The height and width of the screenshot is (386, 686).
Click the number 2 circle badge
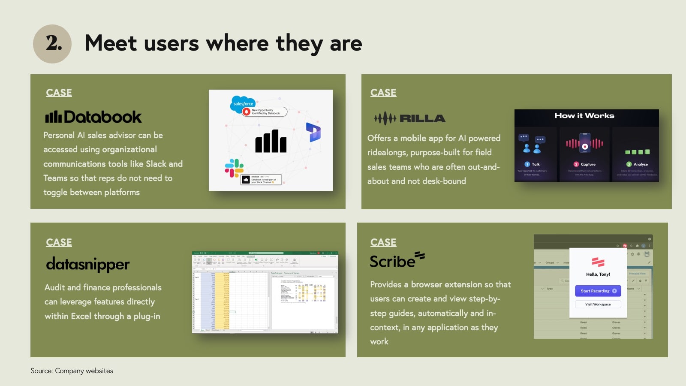(x=52, y=44)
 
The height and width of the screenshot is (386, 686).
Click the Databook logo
(x=93, y=117)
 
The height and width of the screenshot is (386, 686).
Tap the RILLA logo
(x=409, y=118)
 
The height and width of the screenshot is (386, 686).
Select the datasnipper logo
(x=88, y=265)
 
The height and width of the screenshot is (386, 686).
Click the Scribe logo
(x=397, y=260)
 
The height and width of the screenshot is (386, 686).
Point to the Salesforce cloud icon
(x=243, y=104)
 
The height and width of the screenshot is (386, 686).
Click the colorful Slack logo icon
(x=234, y=168)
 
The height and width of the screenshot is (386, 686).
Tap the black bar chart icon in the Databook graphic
(x=271, y=141)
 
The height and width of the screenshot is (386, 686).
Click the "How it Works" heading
(x=584, y=116)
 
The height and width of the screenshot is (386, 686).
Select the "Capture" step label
(x=588, y=164)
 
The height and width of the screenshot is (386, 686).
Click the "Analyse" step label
(x=640, y=164)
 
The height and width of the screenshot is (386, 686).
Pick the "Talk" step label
(x=536, y=164)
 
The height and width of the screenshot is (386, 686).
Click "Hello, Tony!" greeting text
(x=598, y=274)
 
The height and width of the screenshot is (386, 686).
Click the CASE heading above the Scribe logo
(x=383, y=242)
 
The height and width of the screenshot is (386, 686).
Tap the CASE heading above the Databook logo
(x=59, y=93)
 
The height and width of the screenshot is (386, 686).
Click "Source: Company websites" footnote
(x=72, y=371)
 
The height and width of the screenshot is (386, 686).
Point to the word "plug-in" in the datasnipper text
(x=147, y=317)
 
